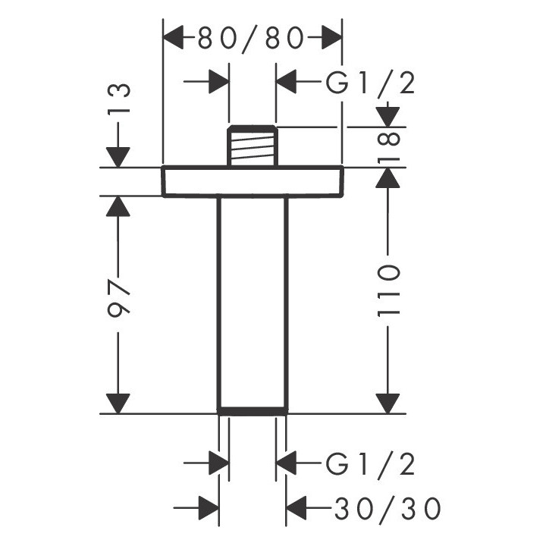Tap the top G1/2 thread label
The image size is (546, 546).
pyautogui.click(x=371, y=83)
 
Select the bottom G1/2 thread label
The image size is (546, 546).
pyautogui.click(x=371, y=463)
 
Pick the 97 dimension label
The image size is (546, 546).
pyautogui.click(x=118, y=301)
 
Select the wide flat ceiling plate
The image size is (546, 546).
pyautogui.click(x=253, y=180)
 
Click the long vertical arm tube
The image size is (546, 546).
pyautogui.click(x=253, y=303)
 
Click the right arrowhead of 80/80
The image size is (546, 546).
pyautogui.click(x=331, y=37)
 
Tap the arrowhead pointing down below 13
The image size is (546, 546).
pyautogui.click(x=118, y=155)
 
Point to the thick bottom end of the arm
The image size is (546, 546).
pyautogui.click(x=253, y=412)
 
